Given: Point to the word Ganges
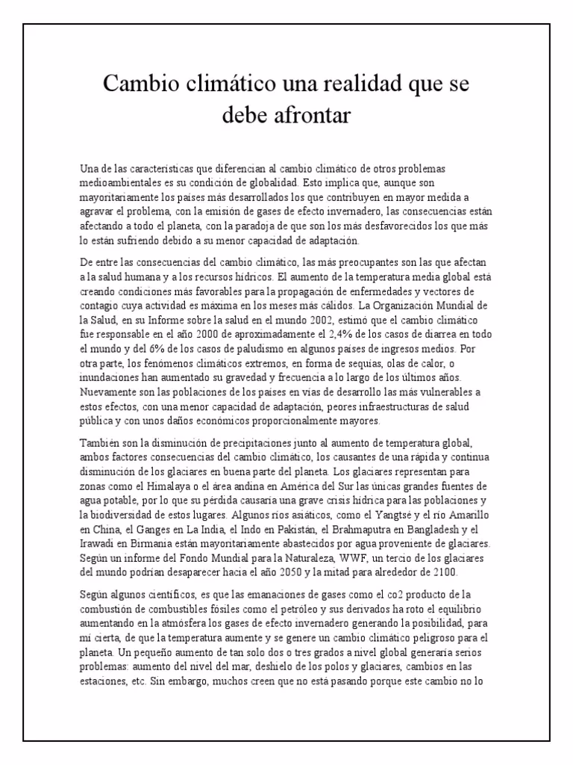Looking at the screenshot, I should click(x=154, y=529).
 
